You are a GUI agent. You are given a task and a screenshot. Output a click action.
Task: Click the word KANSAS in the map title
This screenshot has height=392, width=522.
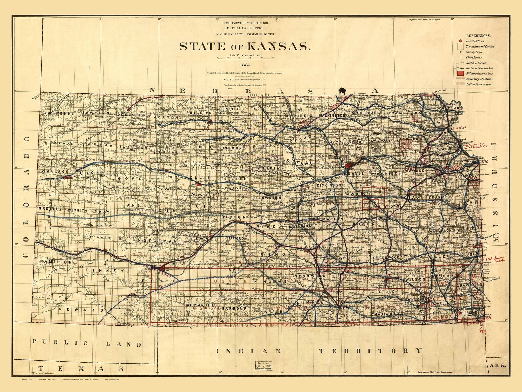[279, 46]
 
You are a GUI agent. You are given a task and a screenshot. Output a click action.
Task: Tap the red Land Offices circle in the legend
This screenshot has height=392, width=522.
[460, 41]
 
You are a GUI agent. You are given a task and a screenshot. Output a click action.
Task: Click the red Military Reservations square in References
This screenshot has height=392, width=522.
[460, 73]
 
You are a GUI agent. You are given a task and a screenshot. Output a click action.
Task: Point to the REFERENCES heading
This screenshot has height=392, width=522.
[478, 35]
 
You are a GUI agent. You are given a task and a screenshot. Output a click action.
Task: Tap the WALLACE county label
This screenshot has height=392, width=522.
[55, 172]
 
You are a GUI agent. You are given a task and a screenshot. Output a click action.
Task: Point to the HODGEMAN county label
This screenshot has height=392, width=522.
[158, 241]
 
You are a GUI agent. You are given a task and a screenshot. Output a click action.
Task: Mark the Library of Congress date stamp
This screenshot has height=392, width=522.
[265, 366]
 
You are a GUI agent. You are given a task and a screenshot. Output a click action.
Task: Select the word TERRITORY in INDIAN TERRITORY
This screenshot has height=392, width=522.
[370, 351]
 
